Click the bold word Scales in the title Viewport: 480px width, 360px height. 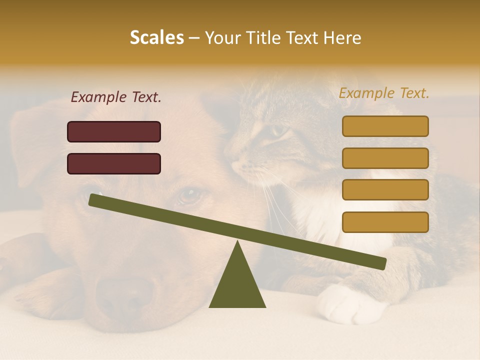(156, 37)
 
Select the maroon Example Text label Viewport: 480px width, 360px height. (116, 97)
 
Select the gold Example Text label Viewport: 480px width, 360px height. (384, 93)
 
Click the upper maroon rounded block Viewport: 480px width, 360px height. (114, 131)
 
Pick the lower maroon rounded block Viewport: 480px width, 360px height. (114, 163)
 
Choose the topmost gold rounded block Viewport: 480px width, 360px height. (385, 126)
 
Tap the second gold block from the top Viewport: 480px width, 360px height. (385, 158)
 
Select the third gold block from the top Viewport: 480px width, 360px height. (385, 189)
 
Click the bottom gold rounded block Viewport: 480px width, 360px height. (385, 222)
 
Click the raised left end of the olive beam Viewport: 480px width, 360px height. (95, 200)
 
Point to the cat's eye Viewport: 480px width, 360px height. (278, 131)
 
